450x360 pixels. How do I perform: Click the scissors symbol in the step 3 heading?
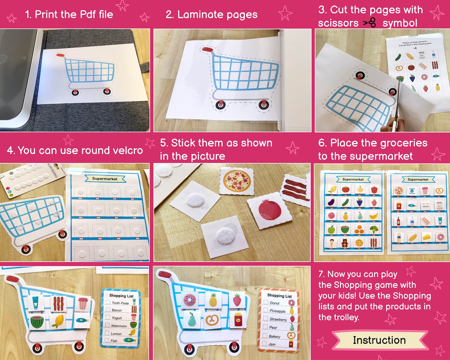(x=370, y=22)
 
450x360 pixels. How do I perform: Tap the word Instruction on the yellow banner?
(x=379, y=340)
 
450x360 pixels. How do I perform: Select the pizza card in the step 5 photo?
(x=237, y=180)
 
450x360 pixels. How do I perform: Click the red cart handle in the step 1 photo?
(x=61, y=56)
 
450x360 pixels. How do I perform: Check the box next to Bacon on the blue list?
(x=108, y=310)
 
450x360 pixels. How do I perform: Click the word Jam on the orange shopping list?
(x=272, y=344)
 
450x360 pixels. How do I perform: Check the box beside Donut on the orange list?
(x=266, y=302)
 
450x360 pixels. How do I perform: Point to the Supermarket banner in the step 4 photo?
(x=105, y=179)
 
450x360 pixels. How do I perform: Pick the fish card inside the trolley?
(x=82, y=320)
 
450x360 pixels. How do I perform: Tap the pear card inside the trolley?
(x=191, y=319)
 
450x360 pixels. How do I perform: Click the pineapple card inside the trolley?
(x=213, y=300)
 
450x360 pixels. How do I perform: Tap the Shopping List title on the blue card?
(x=121, y=296)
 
